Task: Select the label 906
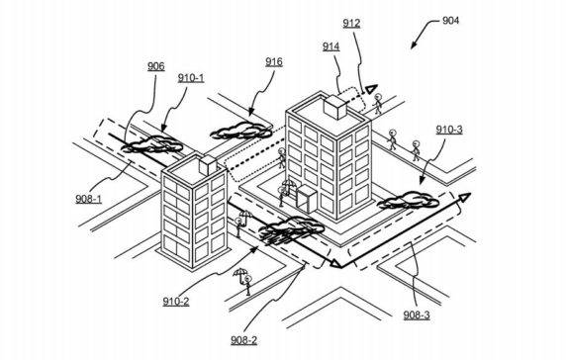click(x=155, y=66)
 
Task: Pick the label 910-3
click(x=450, y=129)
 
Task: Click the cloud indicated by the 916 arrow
click(x=240, y=129)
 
